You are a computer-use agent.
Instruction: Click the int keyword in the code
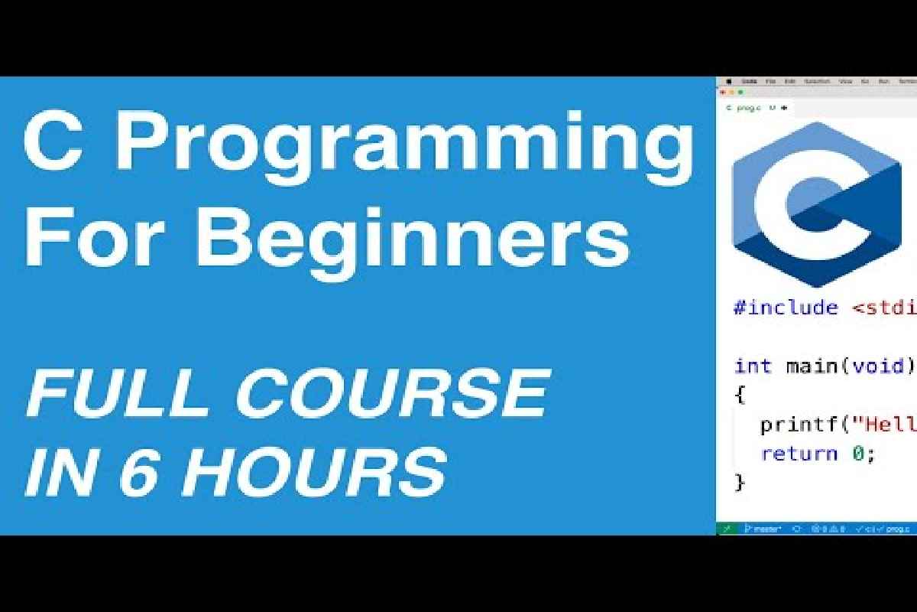click(x=753, y=366)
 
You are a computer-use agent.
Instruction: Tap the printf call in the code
click(x=799, y=424)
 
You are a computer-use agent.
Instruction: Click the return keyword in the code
click(x=799, y=453)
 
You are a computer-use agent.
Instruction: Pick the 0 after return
click(x=857, y=453)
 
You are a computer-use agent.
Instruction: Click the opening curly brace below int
click(x=739, y=396)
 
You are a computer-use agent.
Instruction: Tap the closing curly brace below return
click(x=739, y=483)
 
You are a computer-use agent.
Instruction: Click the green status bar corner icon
click(x=727, y=529)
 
